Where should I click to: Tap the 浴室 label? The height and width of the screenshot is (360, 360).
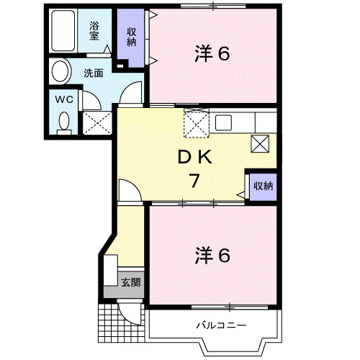(95, 30)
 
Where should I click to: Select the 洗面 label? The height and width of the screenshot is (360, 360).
(93, 72)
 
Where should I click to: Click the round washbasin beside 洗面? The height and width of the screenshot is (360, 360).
(60, 71)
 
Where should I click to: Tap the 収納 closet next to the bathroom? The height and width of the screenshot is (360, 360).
(132, 37)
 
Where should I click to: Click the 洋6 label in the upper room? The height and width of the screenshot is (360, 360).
(213, 54)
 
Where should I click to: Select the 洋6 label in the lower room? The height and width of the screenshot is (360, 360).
(213, 255)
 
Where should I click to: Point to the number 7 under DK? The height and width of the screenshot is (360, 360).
(194, 181)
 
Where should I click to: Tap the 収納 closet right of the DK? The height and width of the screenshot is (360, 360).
(263, 186)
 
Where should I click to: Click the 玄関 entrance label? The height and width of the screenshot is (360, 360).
(130, 282)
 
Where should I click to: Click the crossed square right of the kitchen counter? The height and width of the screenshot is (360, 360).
(260, 143)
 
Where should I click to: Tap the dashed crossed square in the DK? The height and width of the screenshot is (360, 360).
(197, 124)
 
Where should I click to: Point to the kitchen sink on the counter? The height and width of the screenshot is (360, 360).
(222, 121)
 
